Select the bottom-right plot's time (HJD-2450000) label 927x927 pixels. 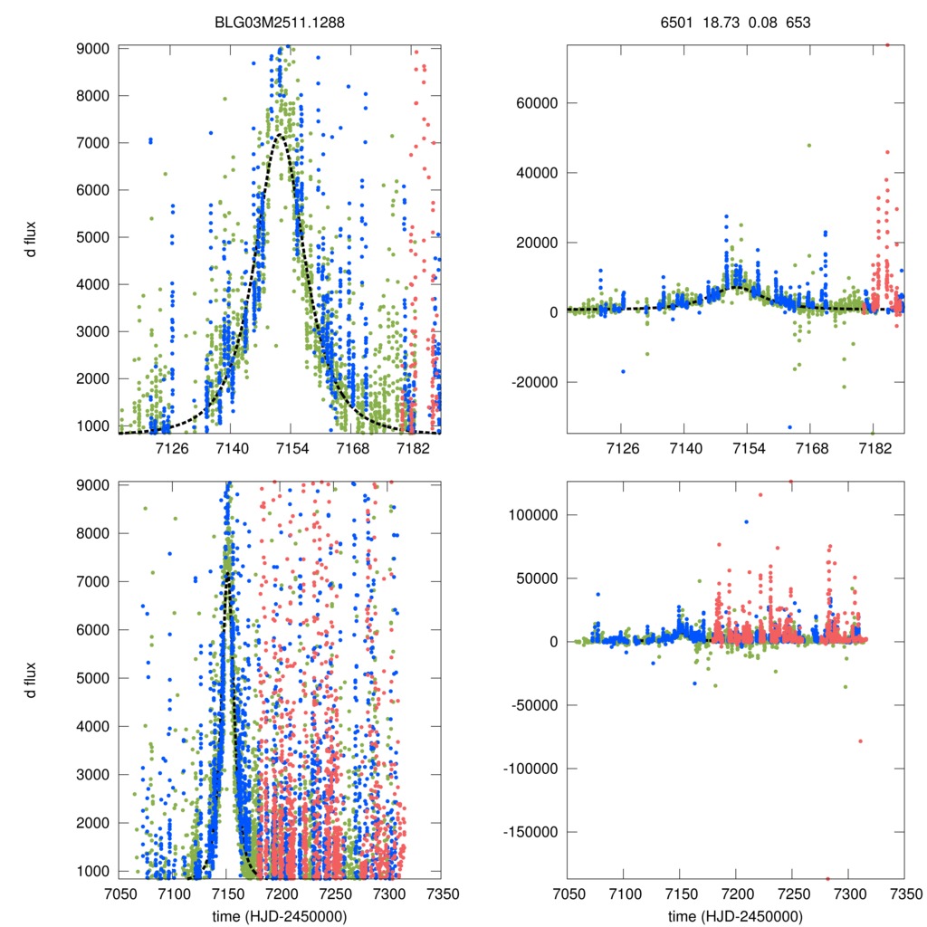pos(736,916)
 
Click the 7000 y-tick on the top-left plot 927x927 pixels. pos(94,143)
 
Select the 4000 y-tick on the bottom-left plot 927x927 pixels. pos(94,726)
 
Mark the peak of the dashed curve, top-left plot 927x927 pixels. pos(281,136)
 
